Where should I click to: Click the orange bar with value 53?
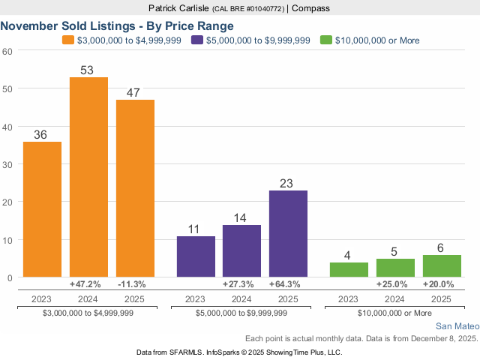pos(88,177)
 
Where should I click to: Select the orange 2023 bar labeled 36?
pos(43,209)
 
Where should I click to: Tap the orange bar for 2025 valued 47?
pos(135,188)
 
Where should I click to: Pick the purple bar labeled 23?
pos(288,234)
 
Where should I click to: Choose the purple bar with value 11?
pos(196,256)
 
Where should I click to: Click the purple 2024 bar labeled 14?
pos(242,251)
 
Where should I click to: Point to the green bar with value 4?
pos(349,270)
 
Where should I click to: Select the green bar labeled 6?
pos(442,266)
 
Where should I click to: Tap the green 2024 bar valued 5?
pos(395,268)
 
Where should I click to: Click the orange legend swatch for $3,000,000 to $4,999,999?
pos(68,40)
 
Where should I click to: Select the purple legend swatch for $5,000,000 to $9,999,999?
pos(197,40)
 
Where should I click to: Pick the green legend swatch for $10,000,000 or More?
pos(325,40)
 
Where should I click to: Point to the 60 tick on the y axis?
pos(7,51)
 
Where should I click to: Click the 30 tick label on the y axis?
pos(7,164)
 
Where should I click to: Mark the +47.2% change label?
pos(88,285)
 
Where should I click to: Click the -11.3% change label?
pos(135,285)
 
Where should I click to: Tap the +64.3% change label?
pos(288,285)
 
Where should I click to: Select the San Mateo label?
pos(457,326)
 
